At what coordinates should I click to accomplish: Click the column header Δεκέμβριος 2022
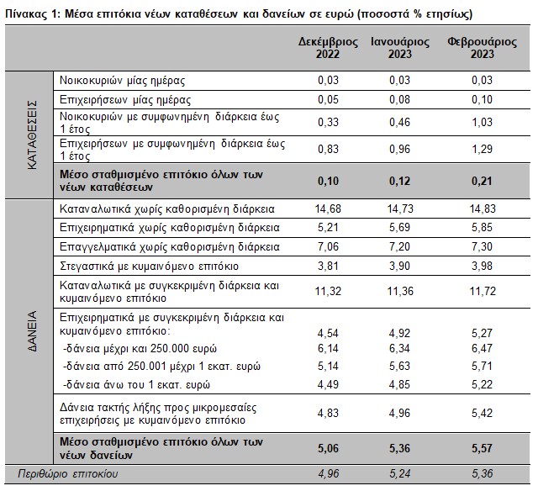(328, 48)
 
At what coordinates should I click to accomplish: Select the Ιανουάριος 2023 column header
(400, 48)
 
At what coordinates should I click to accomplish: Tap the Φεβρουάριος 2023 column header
(482, 48)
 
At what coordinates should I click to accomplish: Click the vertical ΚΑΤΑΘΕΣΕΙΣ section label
(32, 135)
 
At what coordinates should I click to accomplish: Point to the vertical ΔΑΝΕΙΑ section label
(32, 331)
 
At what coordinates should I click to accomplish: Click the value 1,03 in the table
(482, 123)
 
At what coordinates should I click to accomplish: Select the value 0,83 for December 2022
(328, 150)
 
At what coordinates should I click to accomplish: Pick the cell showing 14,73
(400, 209)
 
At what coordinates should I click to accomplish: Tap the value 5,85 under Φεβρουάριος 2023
(482, 228)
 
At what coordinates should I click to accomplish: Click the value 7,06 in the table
(328, 246)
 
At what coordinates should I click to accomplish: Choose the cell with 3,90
(400, 267)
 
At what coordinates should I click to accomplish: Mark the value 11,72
(483, 291)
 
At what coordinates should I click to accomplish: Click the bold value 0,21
(482, 181)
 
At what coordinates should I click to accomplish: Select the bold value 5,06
(328, 448)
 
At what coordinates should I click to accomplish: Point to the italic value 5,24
(400, 474)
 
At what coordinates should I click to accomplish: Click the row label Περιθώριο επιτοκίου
(67, 474)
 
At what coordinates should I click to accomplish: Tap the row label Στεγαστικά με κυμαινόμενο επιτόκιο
(149, 267)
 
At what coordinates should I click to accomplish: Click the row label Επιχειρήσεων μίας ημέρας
(125, 100)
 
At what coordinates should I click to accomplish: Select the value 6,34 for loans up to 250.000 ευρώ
(400, 349)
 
